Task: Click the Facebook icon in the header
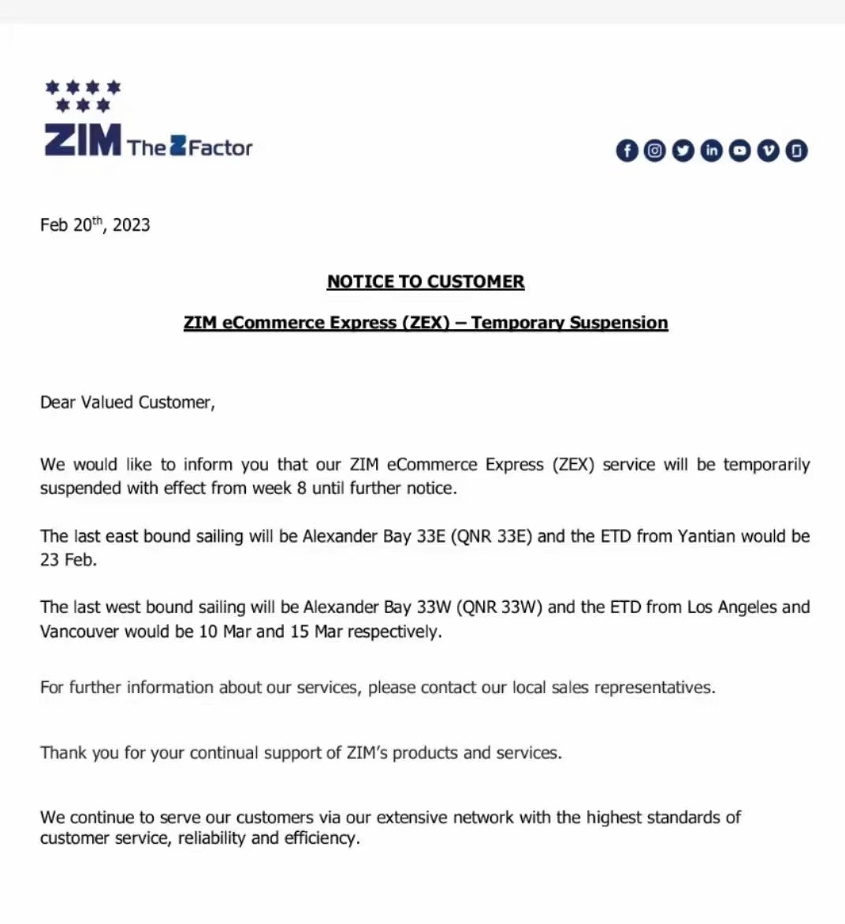(627, 150)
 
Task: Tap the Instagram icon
(655, 150)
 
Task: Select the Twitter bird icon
(683, 150)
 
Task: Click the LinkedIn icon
(712, 150)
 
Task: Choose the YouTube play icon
(740, 150)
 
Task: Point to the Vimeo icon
(769, 150)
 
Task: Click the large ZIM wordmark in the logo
(83, 140)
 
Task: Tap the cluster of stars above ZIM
(83, 95)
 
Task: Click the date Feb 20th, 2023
(95, 225)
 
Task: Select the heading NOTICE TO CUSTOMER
(426, 281)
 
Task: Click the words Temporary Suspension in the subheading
(569, 322)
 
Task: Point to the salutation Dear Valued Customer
(127, 402)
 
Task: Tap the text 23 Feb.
(68, 560)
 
